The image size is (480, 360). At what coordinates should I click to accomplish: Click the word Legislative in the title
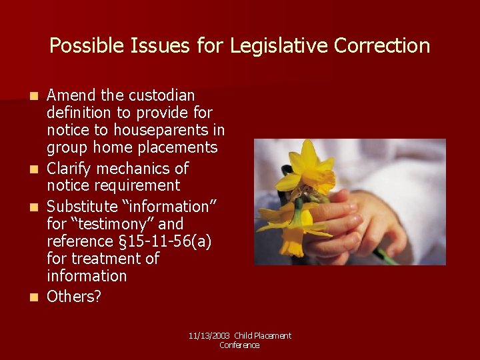point(280,45)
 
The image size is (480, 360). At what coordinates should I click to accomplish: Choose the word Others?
point(74,296)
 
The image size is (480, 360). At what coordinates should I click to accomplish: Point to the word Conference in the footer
point(239,345)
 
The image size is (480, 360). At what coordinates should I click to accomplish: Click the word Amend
point(71,95)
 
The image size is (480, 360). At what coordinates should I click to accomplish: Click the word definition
point(79,113)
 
